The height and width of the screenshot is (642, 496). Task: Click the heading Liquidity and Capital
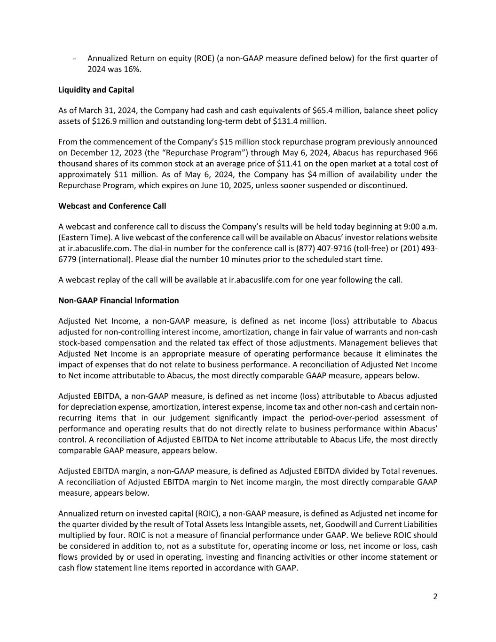pos(96,90)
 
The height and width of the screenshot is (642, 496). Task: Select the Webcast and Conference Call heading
pos(112,206)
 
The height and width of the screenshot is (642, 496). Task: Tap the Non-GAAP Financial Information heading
pos(118,301)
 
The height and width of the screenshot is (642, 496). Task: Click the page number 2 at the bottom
pos(435,597)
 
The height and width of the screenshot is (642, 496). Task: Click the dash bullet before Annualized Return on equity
pos(75,59)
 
